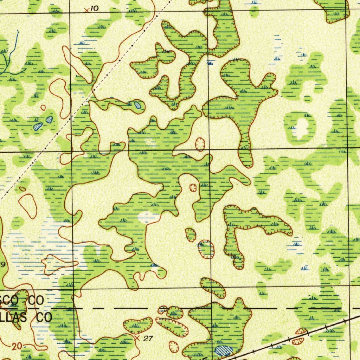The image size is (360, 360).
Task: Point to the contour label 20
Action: [x=16, y=346]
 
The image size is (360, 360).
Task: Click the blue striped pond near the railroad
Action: [x=224, y=350]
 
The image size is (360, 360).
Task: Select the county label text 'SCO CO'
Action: [x=22, y=301]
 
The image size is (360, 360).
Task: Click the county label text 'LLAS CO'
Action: [x=26, y=317]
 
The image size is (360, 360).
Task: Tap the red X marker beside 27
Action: [x=137, y=338]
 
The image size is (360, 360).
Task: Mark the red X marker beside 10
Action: [x=86, y=10]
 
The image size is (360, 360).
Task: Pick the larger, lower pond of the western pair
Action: [x=38, y=127]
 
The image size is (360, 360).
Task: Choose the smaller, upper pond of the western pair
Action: [x=49, y=120]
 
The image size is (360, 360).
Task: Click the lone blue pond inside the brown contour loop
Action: [x=137, y=105]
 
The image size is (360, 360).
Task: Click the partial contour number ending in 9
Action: [x=2, y=264]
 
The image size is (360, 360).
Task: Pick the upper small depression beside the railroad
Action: [x=301, y=331]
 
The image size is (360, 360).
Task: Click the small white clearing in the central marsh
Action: [x=146, y=217]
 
